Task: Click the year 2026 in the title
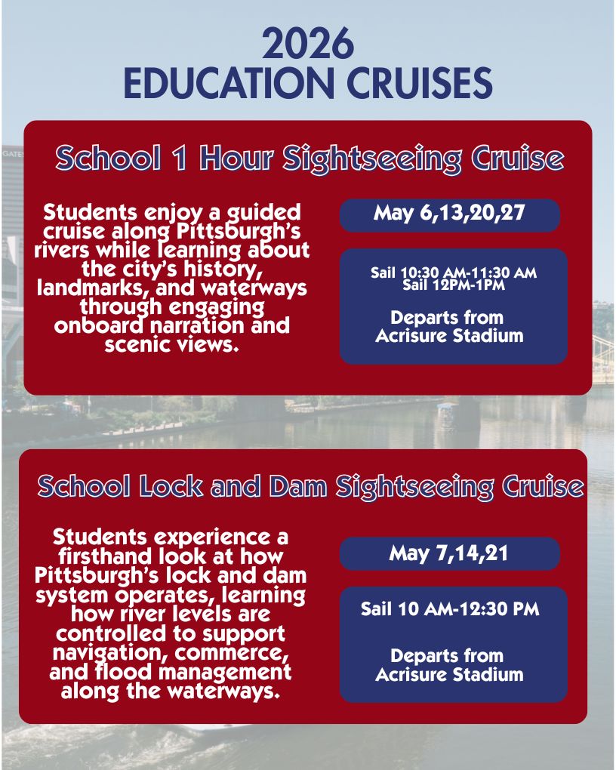(308, 45)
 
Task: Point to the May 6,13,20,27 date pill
(449, 214)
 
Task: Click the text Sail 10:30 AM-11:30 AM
(453, 273)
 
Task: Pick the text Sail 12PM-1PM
(453, 285)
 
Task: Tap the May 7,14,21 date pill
(449, 553)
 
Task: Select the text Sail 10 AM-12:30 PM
(450, 609)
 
